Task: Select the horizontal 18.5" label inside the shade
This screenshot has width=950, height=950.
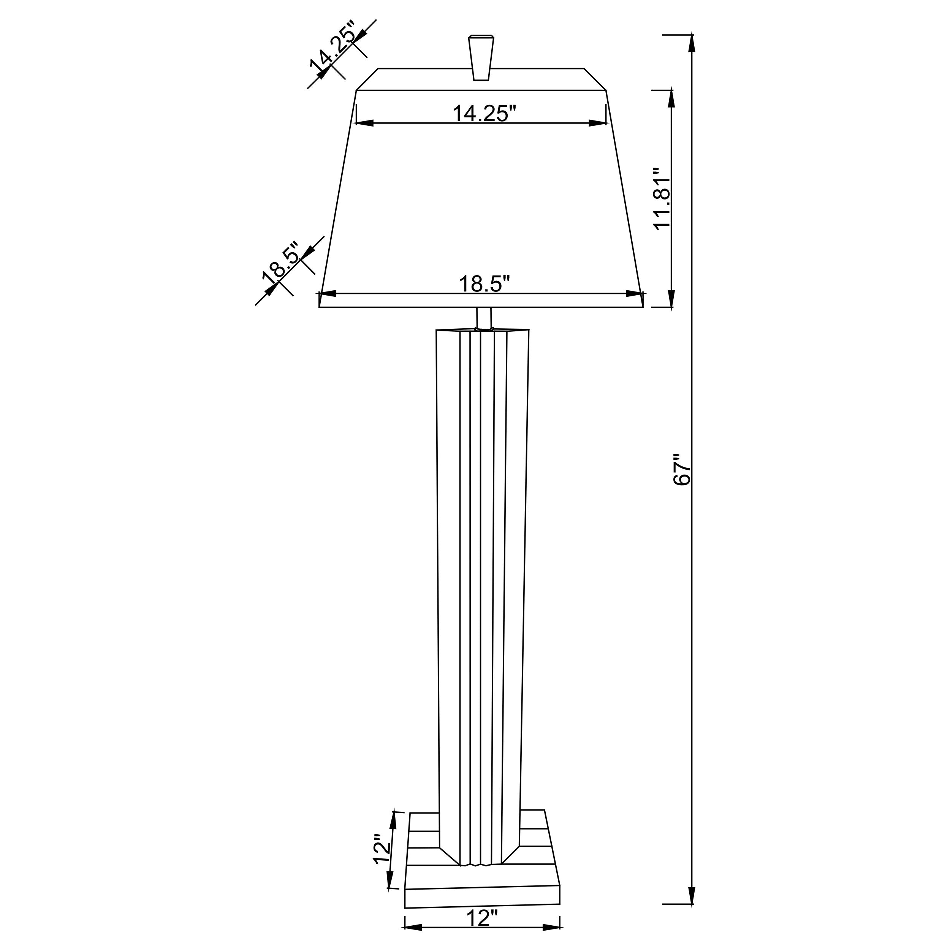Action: coord(484,284)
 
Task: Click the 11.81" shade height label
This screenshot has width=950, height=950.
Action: coord(661,198)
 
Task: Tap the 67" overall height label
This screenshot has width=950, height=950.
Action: coord(682,470)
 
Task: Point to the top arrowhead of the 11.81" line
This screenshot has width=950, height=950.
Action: coord(671,98)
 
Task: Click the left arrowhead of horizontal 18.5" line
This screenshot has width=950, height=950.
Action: coord(328,294)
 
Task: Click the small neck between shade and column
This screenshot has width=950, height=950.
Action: coord(484,319)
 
